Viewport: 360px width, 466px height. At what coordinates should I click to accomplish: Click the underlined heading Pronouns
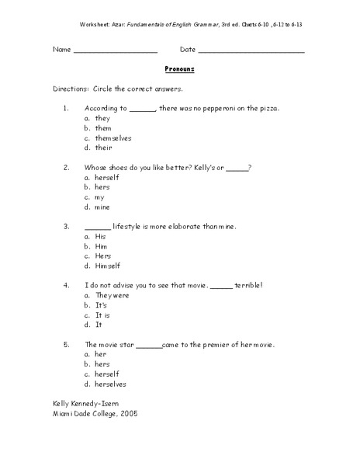tap(179, 69)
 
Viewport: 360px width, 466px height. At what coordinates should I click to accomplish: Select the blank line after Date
tap(252, 51)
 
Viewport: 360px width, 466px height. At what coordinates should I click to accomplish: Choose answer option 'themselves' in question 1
tap(116, 137)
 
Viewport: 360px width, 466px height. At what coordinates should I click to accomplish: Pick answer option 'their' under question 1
tap(104, 148)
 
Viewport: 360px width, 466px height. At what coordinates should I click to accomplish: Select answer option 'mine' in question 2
tap(102, 207)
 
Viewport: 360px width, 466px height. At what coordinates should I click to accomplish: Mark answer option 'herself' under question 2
tap(107, 177)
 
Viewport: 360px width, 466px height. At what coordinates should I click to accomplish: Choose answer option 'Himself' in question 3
tap(108, 266)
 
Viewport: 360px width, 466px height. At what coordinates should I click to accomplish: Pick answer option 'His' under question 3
tap(100, 236)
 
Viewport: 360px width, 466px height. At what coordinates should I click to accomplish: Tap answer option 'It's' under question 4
tap(101, 305)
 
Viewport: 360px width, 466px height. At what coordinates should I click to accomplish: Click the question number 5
tap(67, 344)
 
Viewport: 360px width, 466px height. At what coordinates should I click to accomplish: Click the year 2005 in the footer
tap(128, 413)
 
